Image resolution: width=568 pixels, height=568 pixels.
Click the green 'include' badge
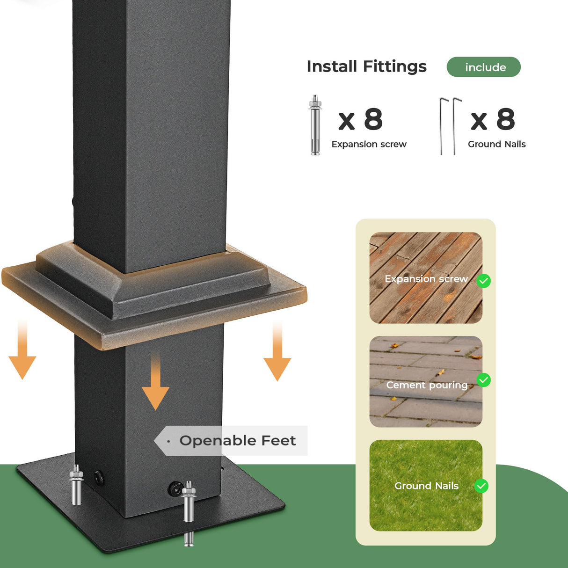(x=483, y=67)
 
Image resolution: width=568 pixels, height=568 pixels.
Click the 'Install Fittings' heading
(x=366, y=66)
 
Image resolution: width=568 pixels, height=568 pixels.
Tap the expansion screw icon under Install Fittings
(x=315, y=124)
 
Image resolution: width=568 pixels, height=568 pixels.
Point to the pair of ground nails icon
(x=450, y=126)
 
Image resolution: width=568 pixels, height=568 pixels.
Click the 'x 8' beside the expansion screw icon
(x=360, y=119)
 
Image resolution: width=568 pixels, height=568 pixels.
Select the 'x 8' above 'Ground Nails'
(x=493, y=119)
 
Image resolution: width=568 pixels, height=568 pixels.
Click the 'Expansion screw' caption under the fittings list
(x=369, y=144)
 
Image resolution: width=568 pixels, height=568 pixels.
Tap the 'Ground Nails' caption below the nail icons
(x=497, y=144)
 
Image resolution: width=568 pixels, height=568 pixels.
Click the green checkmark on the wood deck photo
(x=483, y=281)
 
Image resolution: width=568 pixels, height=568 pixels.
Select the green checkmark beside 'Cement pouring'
(x=483, y=380)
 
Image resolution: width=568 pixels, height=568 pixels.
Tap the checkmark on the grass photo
(x=481, y=486)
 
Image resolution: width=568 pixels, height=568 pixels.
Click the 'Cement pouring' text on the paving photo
(x=427, y=385)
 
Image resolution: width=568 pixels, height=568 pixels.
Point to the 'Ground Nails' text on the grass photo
(x=426, y=486)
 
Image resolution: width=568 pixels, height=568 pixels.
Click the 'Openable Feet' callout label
(x=237, y=441)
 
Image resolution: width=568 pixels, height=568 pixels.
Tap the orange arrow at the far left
(x=22, y=350)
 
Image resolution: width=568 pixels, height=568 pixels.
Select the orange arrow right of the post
(x=277, y=351)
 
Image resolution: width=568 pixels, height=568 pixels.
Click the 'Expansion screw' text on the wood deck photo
(x=426, y=279)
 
